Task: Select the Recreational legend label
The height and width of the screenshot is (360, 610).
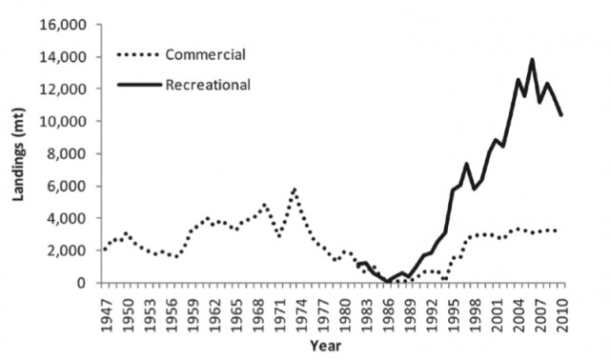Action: [x=209, y=86]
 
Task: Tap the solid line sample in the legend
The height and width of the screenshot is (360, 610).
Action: [x=138, y=86]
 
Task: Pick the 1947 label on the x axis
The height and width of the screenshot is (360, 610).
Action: [x=104, y=309]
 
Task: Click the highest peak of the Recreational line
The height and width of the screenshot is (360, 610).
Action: [x=532, y=59]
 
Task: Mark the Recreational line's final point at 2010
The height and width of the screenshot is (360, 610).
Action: [x=562, y=115]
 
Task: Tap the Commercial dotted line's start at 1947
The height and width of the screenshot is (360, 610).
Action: [x=104, y=250]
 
